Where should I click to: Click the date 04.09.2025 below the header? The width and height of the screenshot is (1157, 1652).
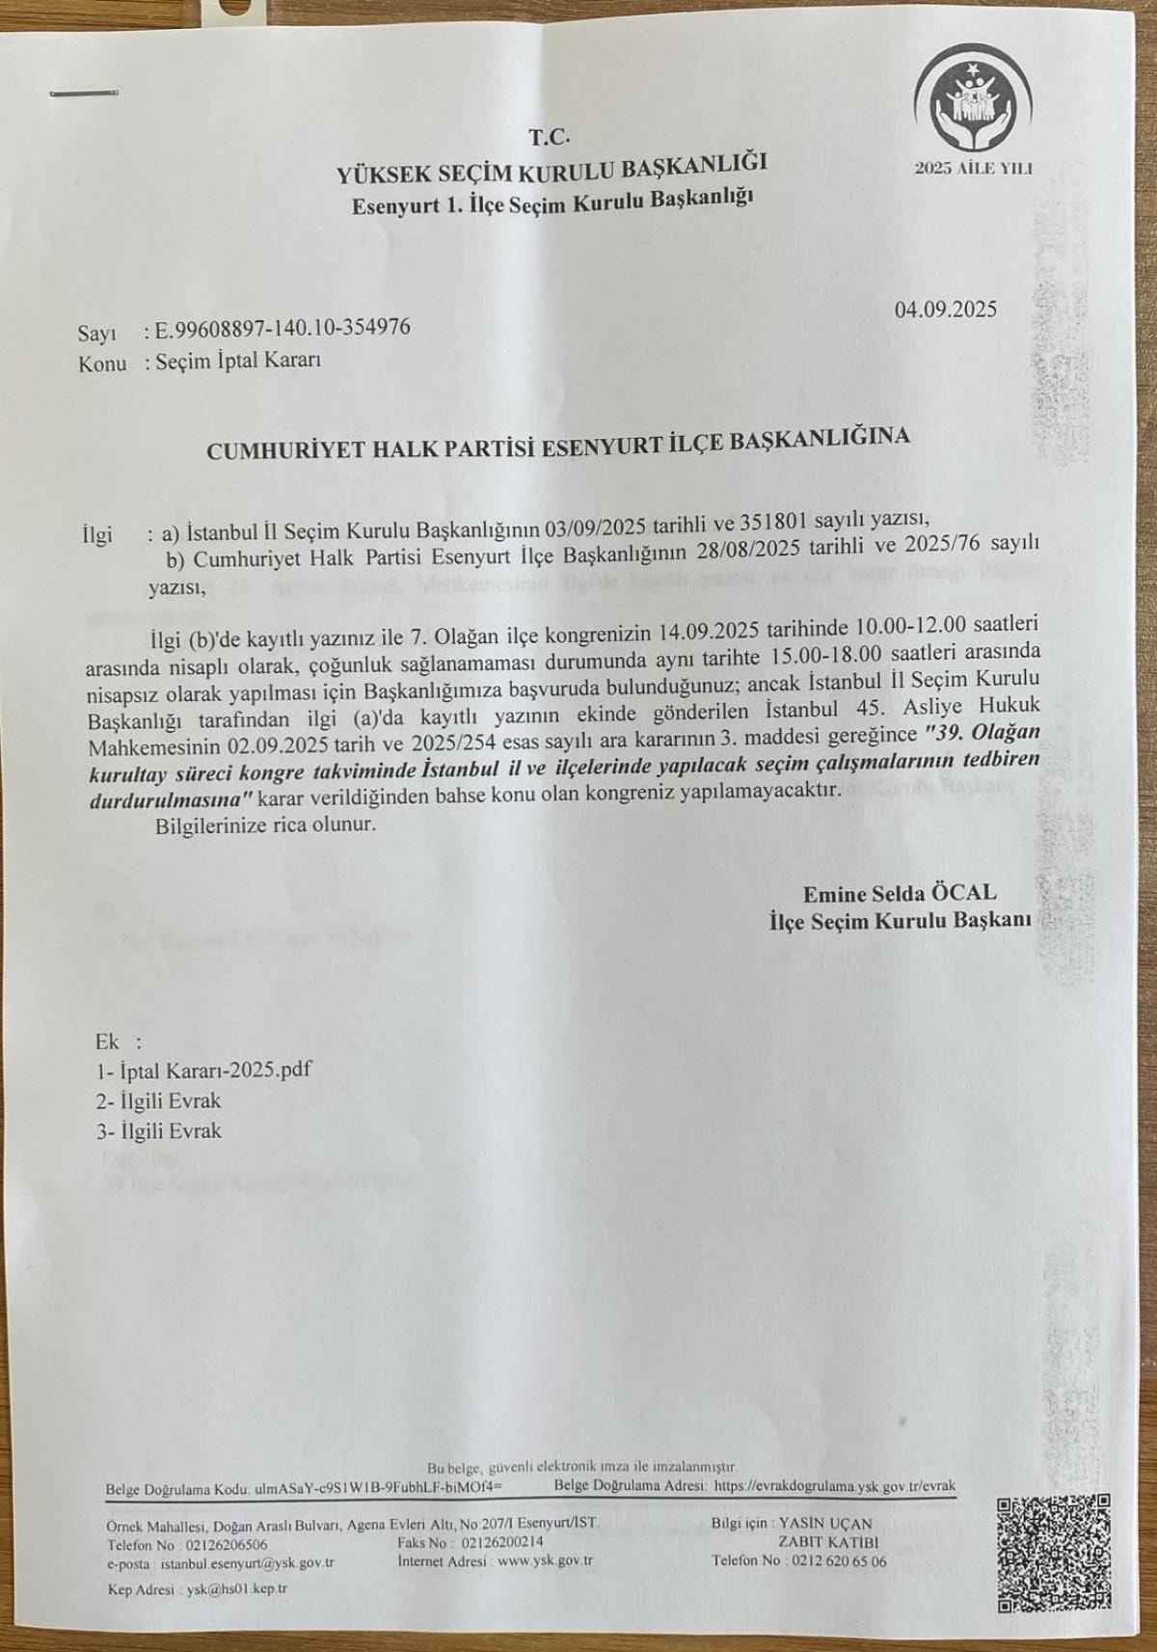coord(945,310)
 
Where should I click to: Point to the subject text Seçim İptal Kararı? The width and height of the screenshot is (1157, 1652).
coord(238,362)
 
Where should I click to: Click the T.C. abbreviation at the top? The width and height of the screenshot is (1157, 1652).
coord(547,137)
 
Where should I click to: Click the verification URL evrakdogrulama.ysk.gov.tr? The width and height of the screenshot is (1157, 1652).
coord(834,1513)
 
